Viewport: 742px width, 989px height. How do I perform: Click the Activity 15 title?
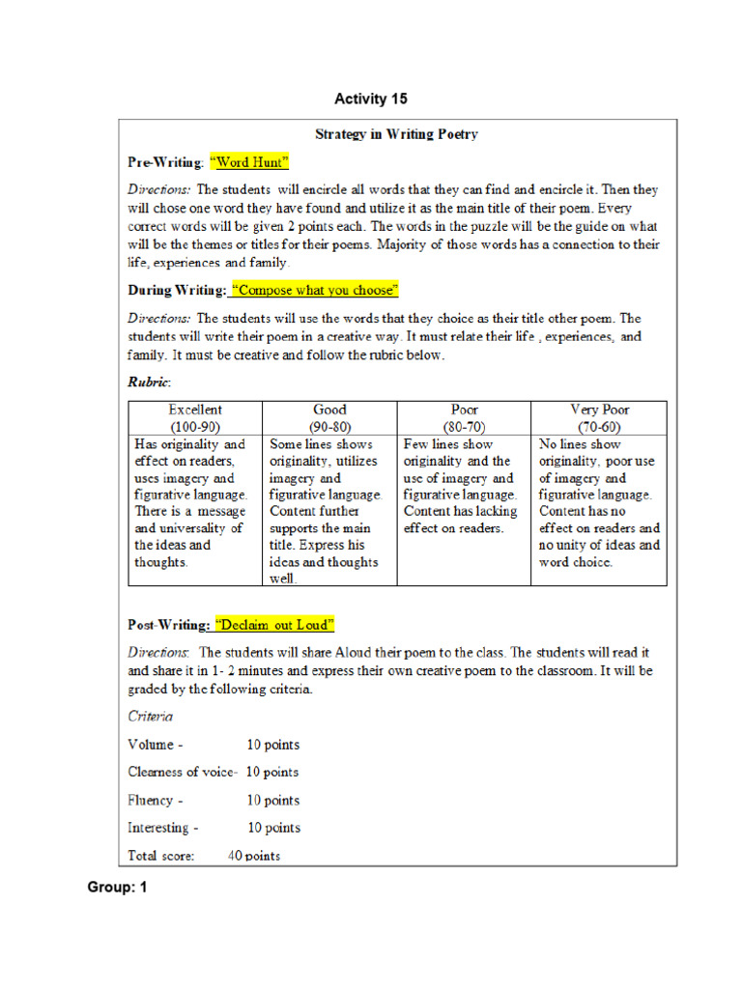tap(371, 99)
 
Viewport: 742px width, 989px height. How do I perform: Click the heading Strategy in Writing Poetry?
tap(396, 134)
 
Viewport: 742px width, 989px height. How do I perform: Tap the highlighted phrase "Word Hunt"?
tap(249, 161)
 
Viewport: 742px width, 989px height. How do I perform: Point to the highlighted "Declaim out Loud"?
tap(275, 624)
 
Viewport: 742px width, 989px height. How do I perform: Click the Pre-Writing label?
tap(165, 161)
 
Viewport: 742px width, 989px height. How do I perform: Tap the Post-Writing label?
tap(169, 624)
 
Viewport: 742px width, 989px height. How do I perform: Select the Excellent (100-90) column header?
tap(195, 418)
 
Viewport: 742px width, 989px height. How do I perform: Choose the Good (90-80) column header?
tap(329, 418)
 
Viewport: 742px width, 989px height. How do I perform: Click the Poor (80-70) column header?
tap(464, 418)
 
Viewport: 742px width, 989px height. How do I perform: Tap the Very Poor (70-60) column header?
tap(599, 418)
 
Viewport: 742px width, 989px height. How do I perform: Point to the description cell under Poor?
tap(464, 487)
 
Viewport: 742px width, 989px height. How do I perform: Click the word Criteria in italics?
tap(151, 717)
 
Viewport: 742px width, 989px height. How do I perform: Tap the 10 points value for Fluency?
tap(272, 800)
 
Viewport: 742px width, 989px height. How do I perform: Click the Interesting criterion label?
tap(163, 828)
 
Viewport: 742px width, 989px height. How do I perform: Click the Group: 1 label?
tap(117, 887)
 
